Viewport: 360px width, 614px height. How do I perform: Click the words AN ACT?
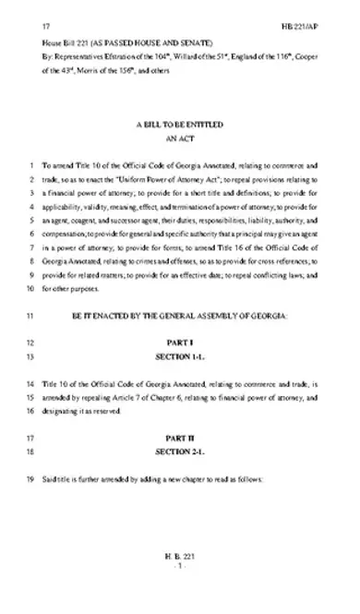[179, 136]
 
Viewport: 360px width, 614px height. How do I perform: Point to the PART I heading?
[179, 343]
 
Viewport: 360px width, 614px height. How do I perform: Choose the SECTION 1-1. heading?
[179, 355]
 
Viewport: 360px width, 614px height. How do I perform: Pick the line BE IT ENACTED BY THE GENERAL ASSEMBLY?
[179, 317]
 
